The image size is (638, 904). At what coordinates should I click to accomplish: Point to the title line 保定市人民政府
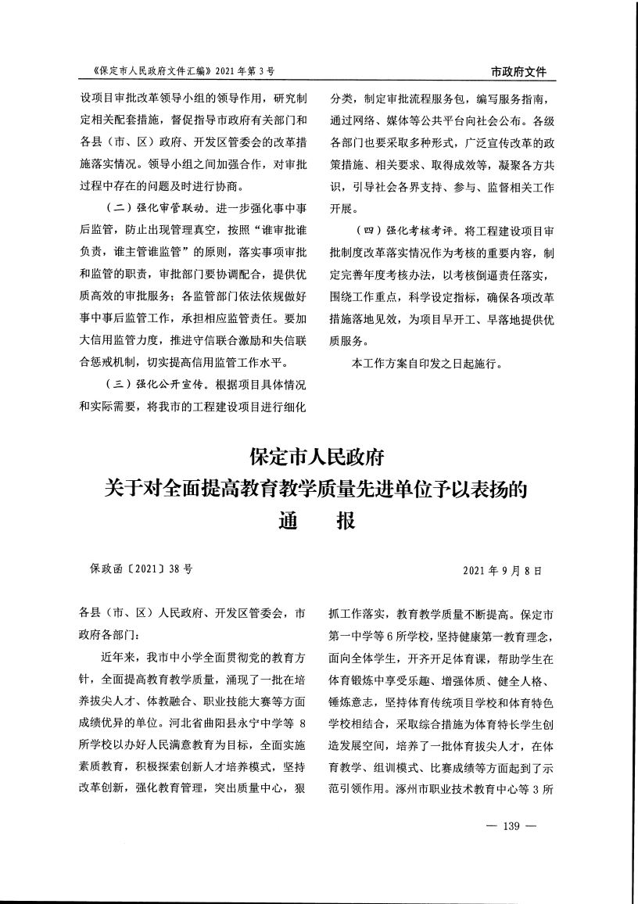(318, 455)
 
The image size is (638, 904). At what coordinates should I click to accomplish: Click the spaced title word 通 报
(318, 520)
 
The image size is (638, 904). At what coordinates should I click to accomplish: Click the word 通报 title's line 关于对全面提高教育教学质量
(318, 489)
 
